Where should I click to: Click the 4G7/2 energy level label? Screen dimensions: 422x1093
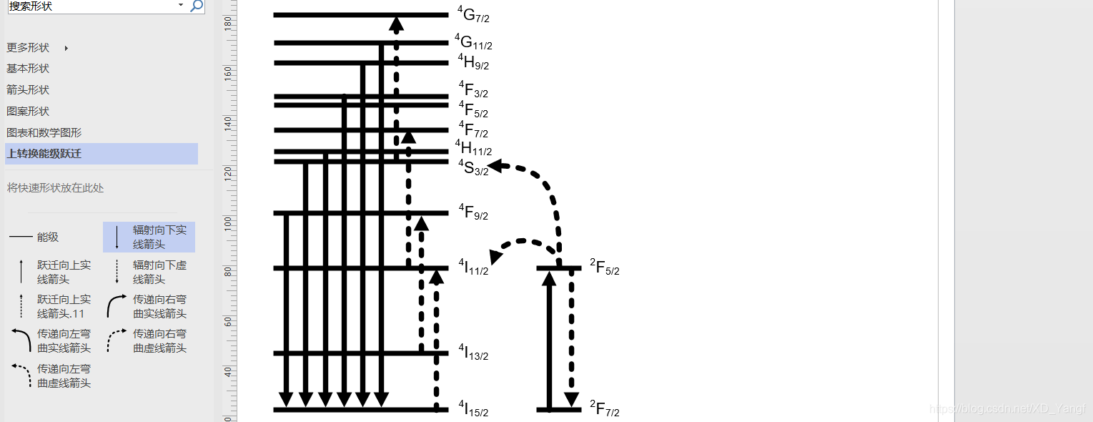tap(473, 14)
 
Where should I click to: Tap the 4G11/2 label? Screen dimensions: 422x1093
tap(473, 42)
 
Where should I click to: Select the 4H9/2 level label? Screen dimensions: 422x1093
tap(473, 62)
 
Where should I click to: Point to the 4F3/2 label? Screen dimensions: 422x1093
tap(473, 89)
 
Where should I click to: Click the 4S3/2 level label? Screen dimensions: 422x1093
tap(473, 167)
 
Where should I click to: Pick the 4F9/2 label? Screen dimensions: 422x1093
tap(473, 212)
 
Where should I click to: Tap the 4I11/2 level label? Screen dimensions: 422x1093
tap(473, 268)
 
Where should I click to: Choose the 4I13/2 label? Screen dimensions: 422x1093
tap(473, 353)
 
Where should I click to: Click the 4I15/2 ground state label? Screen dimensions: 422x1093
tap(473, 409)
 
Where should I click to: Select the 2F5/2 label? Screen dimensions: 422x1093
tap(605, 268)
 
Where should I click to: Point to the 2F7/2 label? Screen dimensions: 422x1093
tap(605, 409)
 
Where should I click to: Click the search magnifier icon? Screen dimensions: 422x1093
tap(197, 6)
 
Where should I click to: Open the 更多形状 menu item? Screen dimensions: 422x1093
tap(29, 48)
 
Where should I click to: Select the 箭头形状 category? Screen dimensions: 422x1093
tap(28, 90)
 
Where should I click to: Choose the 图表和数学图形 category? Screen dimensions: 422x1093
tap(44, 133)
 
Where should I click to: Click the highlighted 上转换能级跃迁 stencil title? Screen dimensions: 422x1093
tap(44, 154)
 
